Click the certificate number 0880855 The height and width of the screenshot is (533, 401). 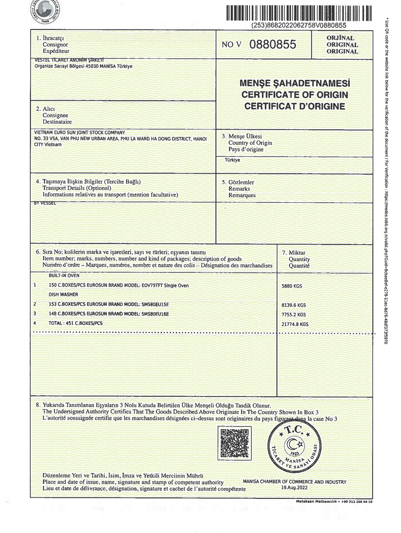pos(273,45)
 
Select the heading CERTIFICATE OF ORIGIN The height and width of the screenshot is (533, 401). pos(294,95)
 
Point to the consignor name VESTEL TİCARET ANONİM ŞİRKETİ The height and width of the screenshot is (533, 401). pos(69,60)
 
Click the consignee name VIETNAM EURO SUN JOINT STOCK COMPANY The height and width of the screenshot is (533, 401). pos(80,133)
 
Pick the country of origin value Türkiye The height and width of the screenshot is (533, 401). pos(233,160)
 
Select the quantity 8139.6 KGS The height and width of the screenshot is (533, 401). pos(294,305)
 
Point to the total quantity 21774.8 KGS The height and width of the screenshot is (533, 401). pos(295,324)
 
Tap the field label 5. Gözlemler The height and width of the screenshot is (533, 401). pos(241,182)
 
